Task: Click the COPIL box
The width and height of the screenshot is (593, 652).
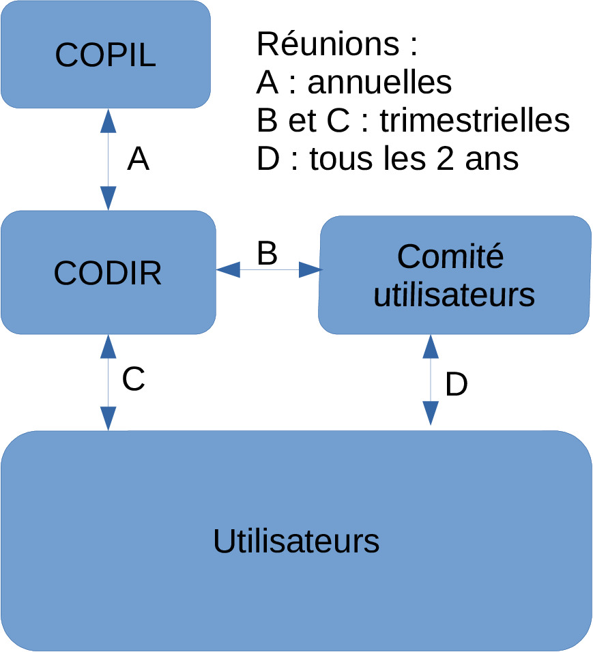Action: (x=105, y=55)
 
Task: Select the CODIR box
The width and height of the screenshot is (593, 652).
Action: (x=108, y=273)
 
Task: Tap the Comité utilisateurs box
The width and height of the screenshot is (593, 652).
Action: (x=454, y=276)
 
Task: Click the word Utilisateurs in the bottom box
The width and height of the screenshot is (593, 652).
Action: (x=296, y=541)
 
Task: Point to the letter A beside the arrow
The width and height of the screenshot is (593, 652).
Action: (x=139, y=160)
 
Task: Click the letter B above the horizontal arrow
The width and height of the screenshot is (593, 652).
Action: (x=267, y=253)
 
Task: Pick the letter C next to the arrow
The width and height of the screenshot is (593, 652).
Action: (x=134, y=379)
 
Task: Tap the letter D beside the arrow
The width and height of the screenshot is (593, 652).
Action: (x=457, y=385)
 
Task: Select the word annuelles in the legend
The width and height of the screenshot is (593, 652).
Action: (x=379, y=83)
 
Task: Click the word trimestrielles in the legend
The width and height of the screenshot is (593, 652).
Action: (x=475, y=121)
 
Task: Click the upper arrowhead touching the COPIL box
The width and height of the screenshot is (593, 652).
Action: (x=109, y=120)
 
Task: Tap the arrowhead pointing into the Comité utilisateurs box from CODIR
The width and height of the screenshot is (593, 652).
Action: (x=310, y=271)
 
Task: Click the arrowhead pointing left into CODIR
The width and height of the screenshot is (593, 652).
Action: (x=228, y=271)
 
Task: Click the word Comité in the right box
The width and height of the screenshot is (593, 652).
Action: (x=450, y=257)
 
